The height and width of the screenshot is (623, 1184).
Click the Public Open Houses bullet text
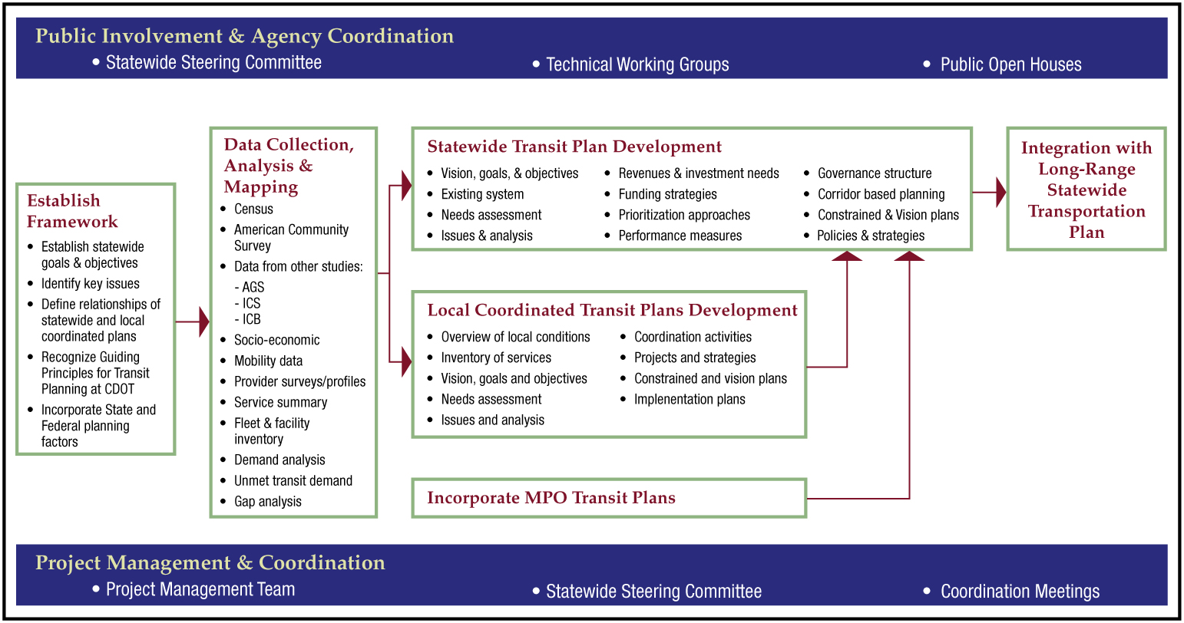pyautogui.click(x=1010, y=64)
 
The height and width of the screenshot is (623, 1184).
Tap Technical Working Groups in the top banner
pyautogui.click(x=637, y=64)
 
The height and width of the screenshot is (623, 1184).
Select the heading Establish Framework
pyautogui.click(x=72, y=211)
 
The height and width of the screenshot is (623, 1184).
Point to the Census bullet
pyautogui.click(x=253, y=209)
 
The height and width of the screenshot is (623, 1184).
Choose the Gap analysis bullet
pyautogui.click(x=268, y=502)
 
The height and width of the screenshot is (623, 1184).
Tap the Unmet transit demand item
pyautogui.click(x=293, y=480)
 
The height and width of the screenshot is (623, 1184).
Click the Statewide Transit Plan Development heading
pyautogui.click(x=574, y=147)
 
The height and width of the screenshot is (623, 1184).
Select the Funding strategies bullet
pyautogui.click(x=667, y=194)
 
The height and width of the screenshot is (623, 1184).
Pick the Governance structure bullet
pyautogui.click(x=875, y=173)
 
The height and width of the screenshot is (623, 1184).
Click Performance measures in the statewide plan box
pyautogui.click(x=680, y=236)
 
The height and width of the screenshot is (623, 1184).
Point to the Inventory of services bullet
pyautogui.click(x=496, y=358)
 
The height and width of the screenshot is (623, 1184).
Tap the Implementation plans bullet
pyautogui.click(x=690, y=400)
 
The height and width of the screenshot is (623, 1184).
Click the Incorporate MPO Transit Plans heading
pyautogui.click(x=551, y=498)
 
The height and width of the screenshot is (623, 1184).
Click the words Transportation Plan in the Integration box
pyautogui.click(x=1086, y=222)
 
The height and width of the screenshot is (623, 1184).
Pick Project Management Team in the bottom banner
pyautogui.click(x=200, y=589)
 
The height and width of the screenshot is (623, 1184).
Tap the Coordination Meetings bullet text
pyautogui.click(x=1020, y=592)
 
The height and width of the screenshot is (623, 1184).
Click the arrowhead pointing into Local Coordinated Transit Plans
pyautogui.click(x=407, y=361)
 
